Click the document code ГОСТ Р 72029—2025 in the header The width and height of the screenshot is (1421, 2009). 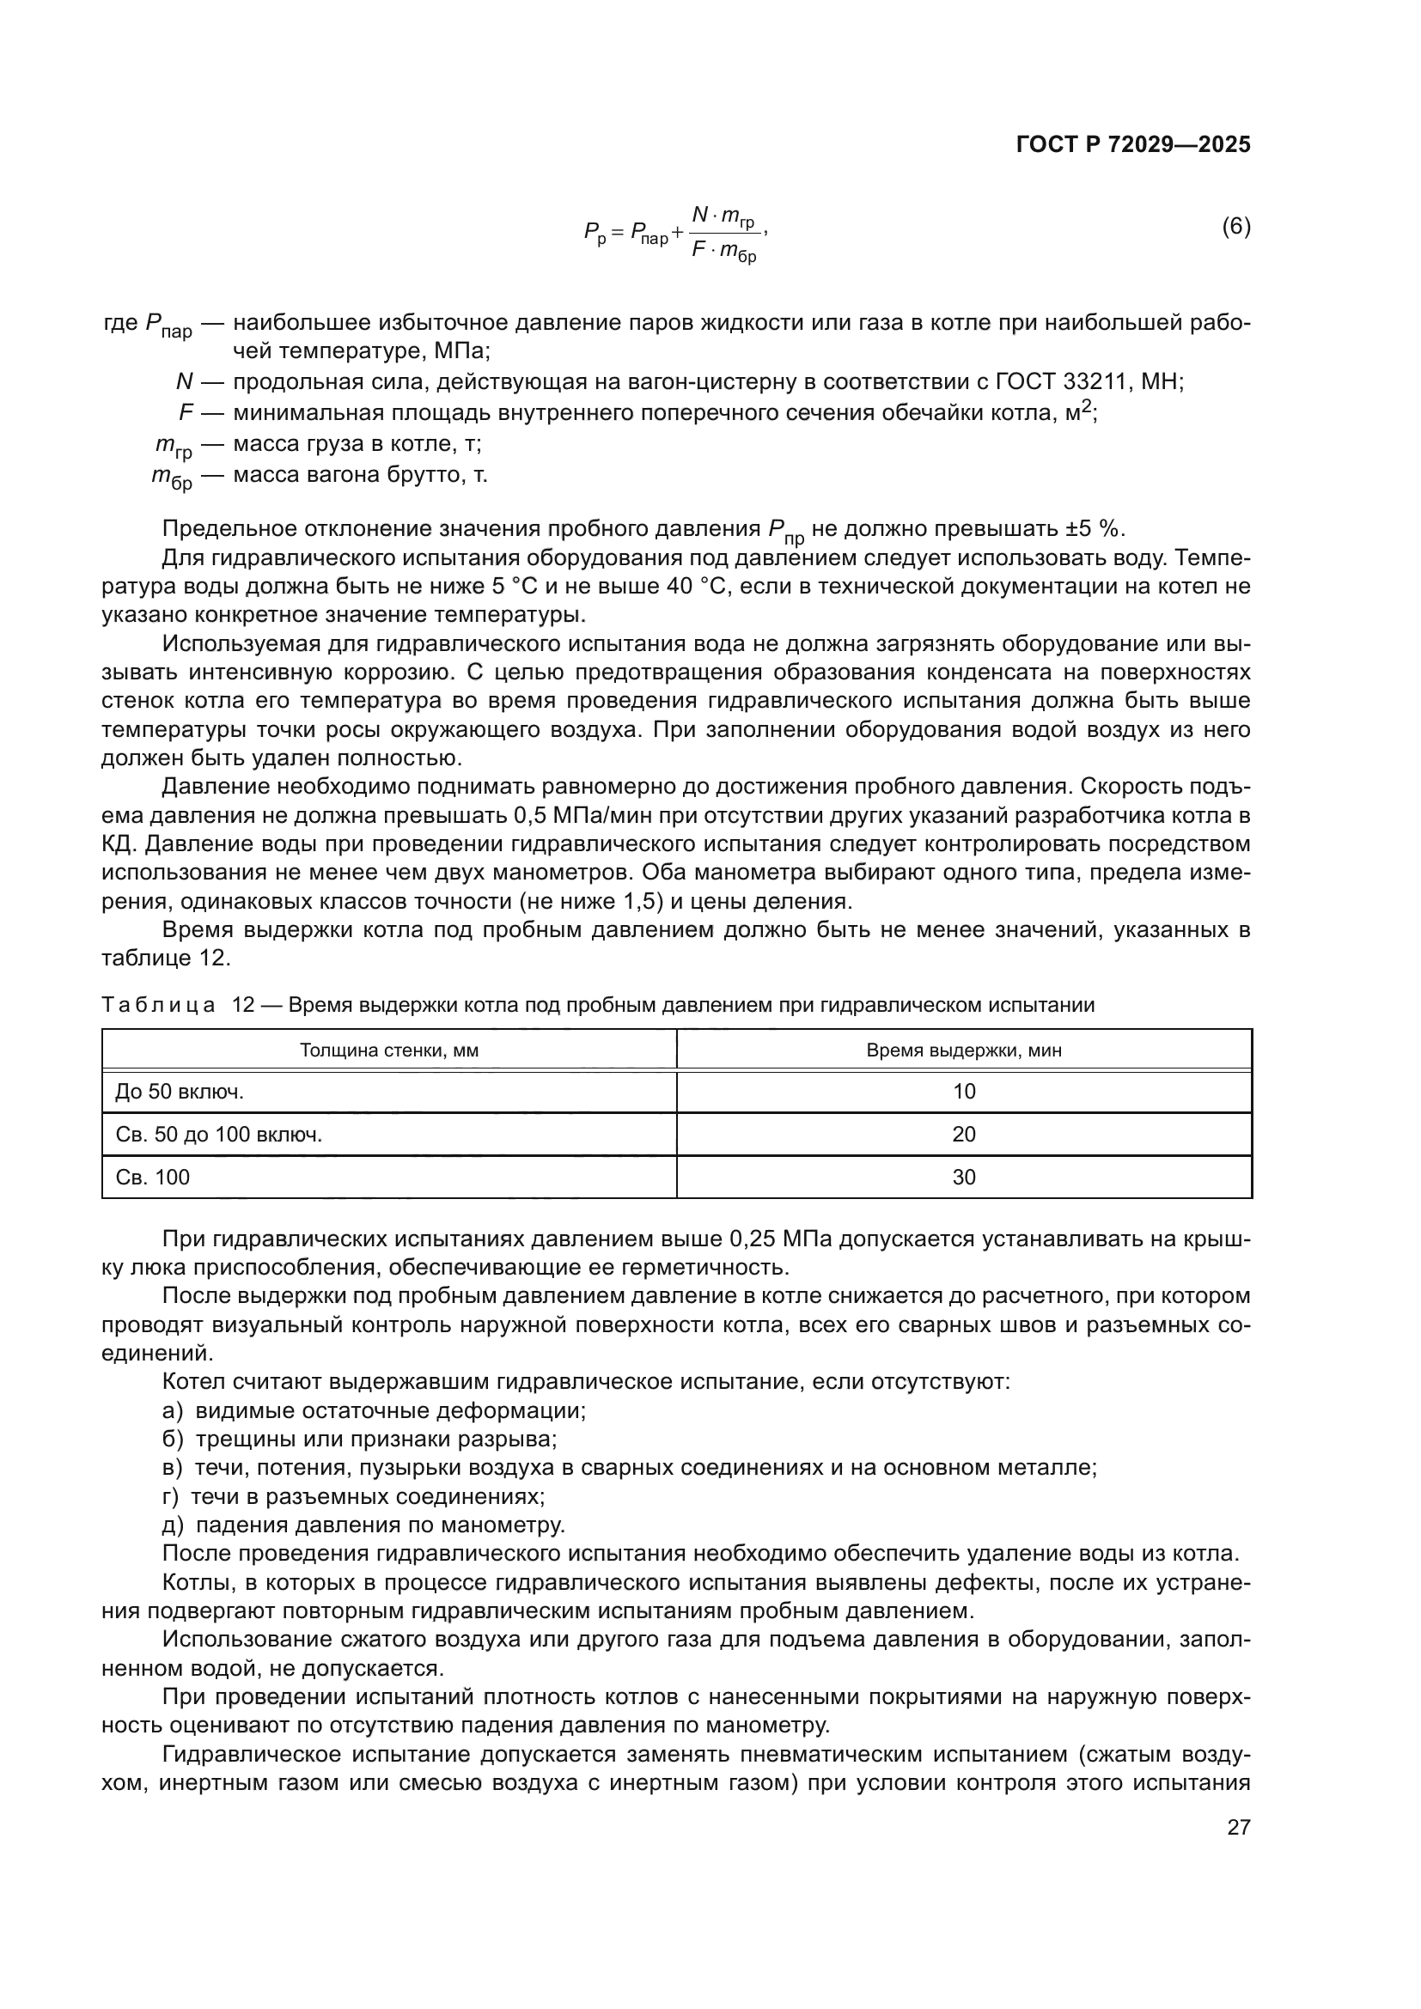1133,145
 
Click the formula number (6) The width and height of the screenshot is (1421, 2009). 1235,228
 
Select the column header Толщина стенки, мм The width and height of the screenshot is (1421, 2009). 389,1050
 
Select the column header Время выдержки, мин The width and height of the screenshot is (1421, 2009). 963,1050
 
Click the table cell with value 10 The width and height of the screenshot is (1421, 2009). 963,1092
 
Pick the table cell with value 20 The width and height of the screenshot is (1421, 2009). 963,1135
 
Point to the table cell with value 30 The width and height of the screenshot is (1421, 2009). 963,1178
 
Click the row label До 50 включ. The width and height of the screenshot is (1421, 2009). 180,1092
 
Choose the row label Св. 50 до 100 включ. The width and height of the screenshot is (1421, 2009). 219,1135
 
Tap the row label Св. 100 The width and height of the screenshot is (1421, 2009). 152,1178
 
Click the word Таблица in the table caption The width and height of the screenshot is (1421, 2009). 158,1006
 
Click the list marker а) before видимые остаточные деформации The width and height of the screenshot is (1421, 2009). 173,1411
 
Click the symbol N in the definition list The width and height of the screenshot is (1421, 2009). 185,382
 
